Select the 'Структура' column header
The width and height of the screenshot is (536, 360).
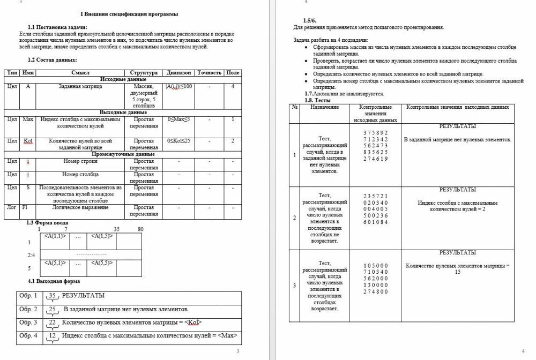(143, 72)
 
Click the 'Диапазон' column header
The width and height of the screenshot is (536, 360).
(178, 72)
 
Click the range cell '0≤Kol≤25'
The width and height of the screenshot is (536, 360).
(178, 141)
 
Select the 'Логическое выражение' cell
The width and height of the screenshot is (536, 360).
(80, 207)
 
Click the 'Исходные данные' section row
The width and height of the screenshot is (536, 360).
(123, 79)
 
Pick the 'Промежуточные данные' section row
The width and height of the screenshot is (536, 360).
(123, 154)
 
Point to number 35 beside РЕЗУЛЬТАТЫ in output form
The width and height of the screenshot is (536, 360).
(52, 295)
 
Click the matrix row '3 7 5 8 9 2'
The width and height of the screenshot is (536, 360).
(375, 133)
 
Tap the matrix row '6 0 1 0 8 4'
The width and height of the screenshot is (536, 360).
(375, 222)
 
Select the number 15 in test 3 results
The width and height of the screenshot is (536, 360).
(457, 272)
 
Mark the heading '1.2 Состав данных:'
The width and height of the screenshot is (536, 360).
(52, 59)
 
